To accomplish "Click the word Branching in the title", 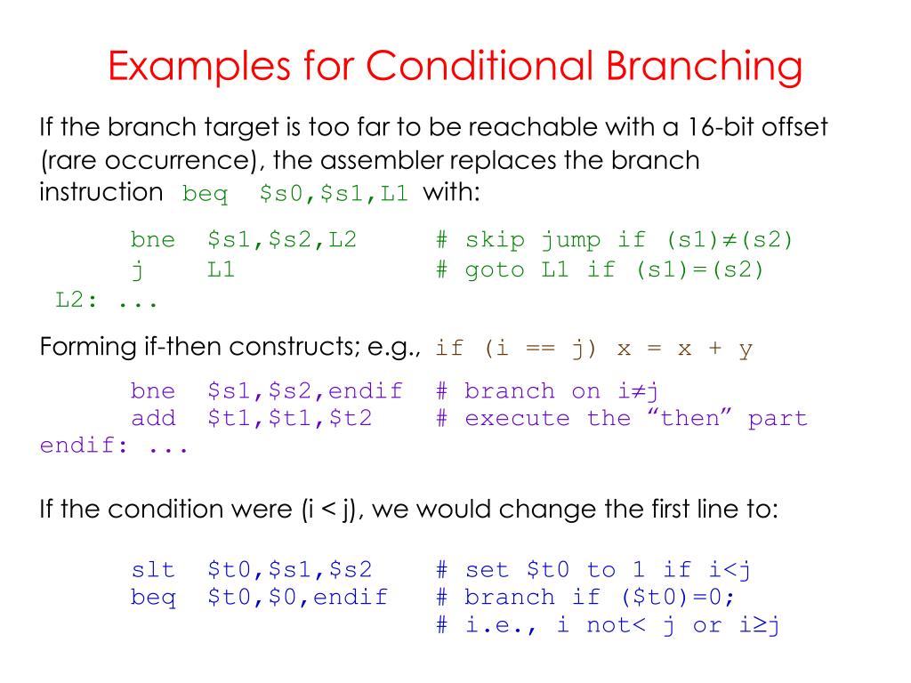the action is (705, 67).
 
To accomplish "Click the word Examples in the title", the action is (198, 67).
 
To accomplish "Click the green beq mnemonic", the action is (205, 194).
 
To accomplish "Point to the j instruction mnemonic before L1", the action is (138, 270).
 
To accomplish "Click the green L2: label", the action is (77, 300).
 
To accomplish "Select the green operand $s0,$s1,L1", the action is (334, 193).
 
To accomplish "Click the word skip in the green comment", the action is (495, 240).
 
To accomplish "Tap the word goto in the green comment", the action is (495, 270).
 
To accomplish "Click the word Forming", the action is (88, 348).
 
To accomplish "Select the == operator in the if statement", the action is (540, 348).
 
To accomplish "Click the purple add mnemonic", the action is (153, 418).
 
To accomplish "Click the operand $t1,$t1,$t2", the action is (289, 418).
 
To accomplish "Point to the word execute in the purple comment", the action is (517, 418).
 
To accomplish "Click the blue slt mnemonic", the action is (153, 569).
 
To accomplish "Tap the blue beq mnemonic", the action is (153, 598).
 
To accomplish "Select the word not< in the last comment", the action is (616, 625).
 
